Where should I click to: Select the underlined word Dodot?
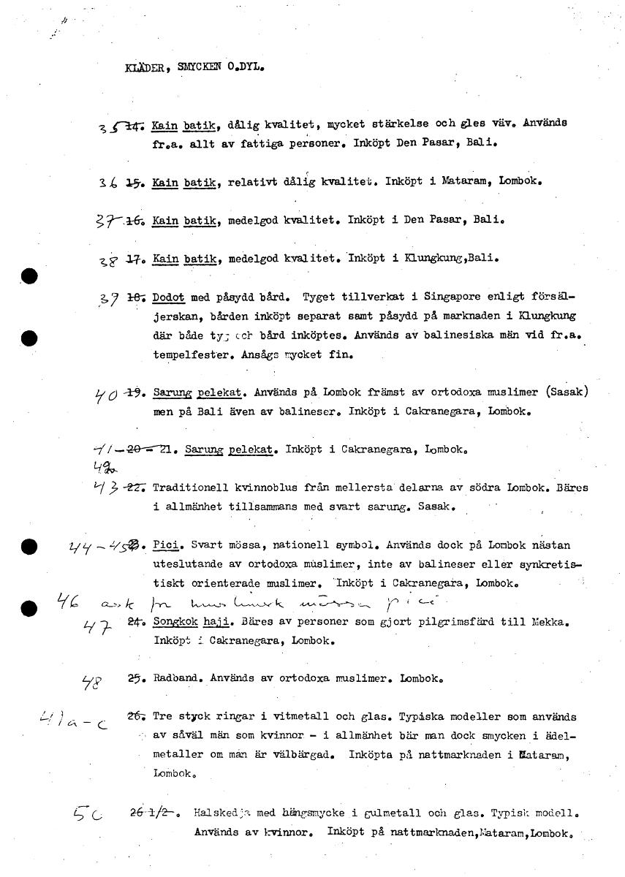(169, 298)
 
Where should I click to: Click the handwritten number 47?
(102, 626)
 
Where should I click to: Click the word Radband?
(178, 678)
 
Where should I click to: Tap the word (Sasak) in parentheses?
(566, 392)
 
